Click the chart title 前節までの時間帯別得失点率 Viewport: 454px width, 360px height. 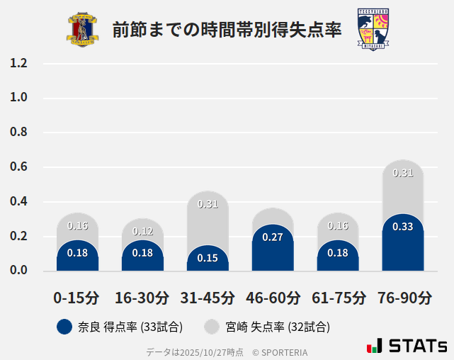coord(227,30)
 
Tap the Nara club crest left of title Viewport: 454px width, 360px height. coord(83,30)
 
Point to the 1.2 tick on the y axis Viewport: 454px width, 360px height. coord(19,63)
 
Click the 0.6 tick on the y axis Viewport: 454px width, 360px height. coord(19,167)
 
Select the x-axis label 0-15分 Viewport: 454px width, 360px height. coord(76,298)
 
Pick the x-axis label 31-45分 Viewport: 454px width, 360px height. coord(208,298)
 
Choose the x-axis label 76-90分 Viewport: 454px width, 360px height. coord(403,298)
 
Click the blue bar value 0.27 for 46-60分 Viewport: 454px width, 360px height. coord(273,237)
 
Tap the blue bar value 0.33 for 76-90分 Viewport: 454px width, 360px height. coord(403,227)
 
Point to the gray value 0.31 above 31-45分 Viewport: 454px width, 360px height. coord(208,204)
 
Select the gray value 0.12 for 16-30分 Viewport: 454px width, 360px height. coord(142,232)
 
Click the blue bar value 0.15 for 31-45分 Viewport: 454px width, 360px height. coord(208,258)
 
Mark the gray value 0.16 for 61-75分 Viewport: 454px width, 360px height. coord(338,226)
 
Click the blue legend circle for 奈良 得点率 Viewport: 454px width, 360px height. coord(64,327)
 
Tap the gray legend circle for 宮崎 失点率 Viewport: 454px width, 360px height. coord(210,327)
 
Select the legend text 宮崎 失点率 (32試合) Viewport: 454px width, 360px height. coord(278,327)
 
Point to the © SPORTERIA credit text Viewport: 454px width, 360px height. coord(280,352)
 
